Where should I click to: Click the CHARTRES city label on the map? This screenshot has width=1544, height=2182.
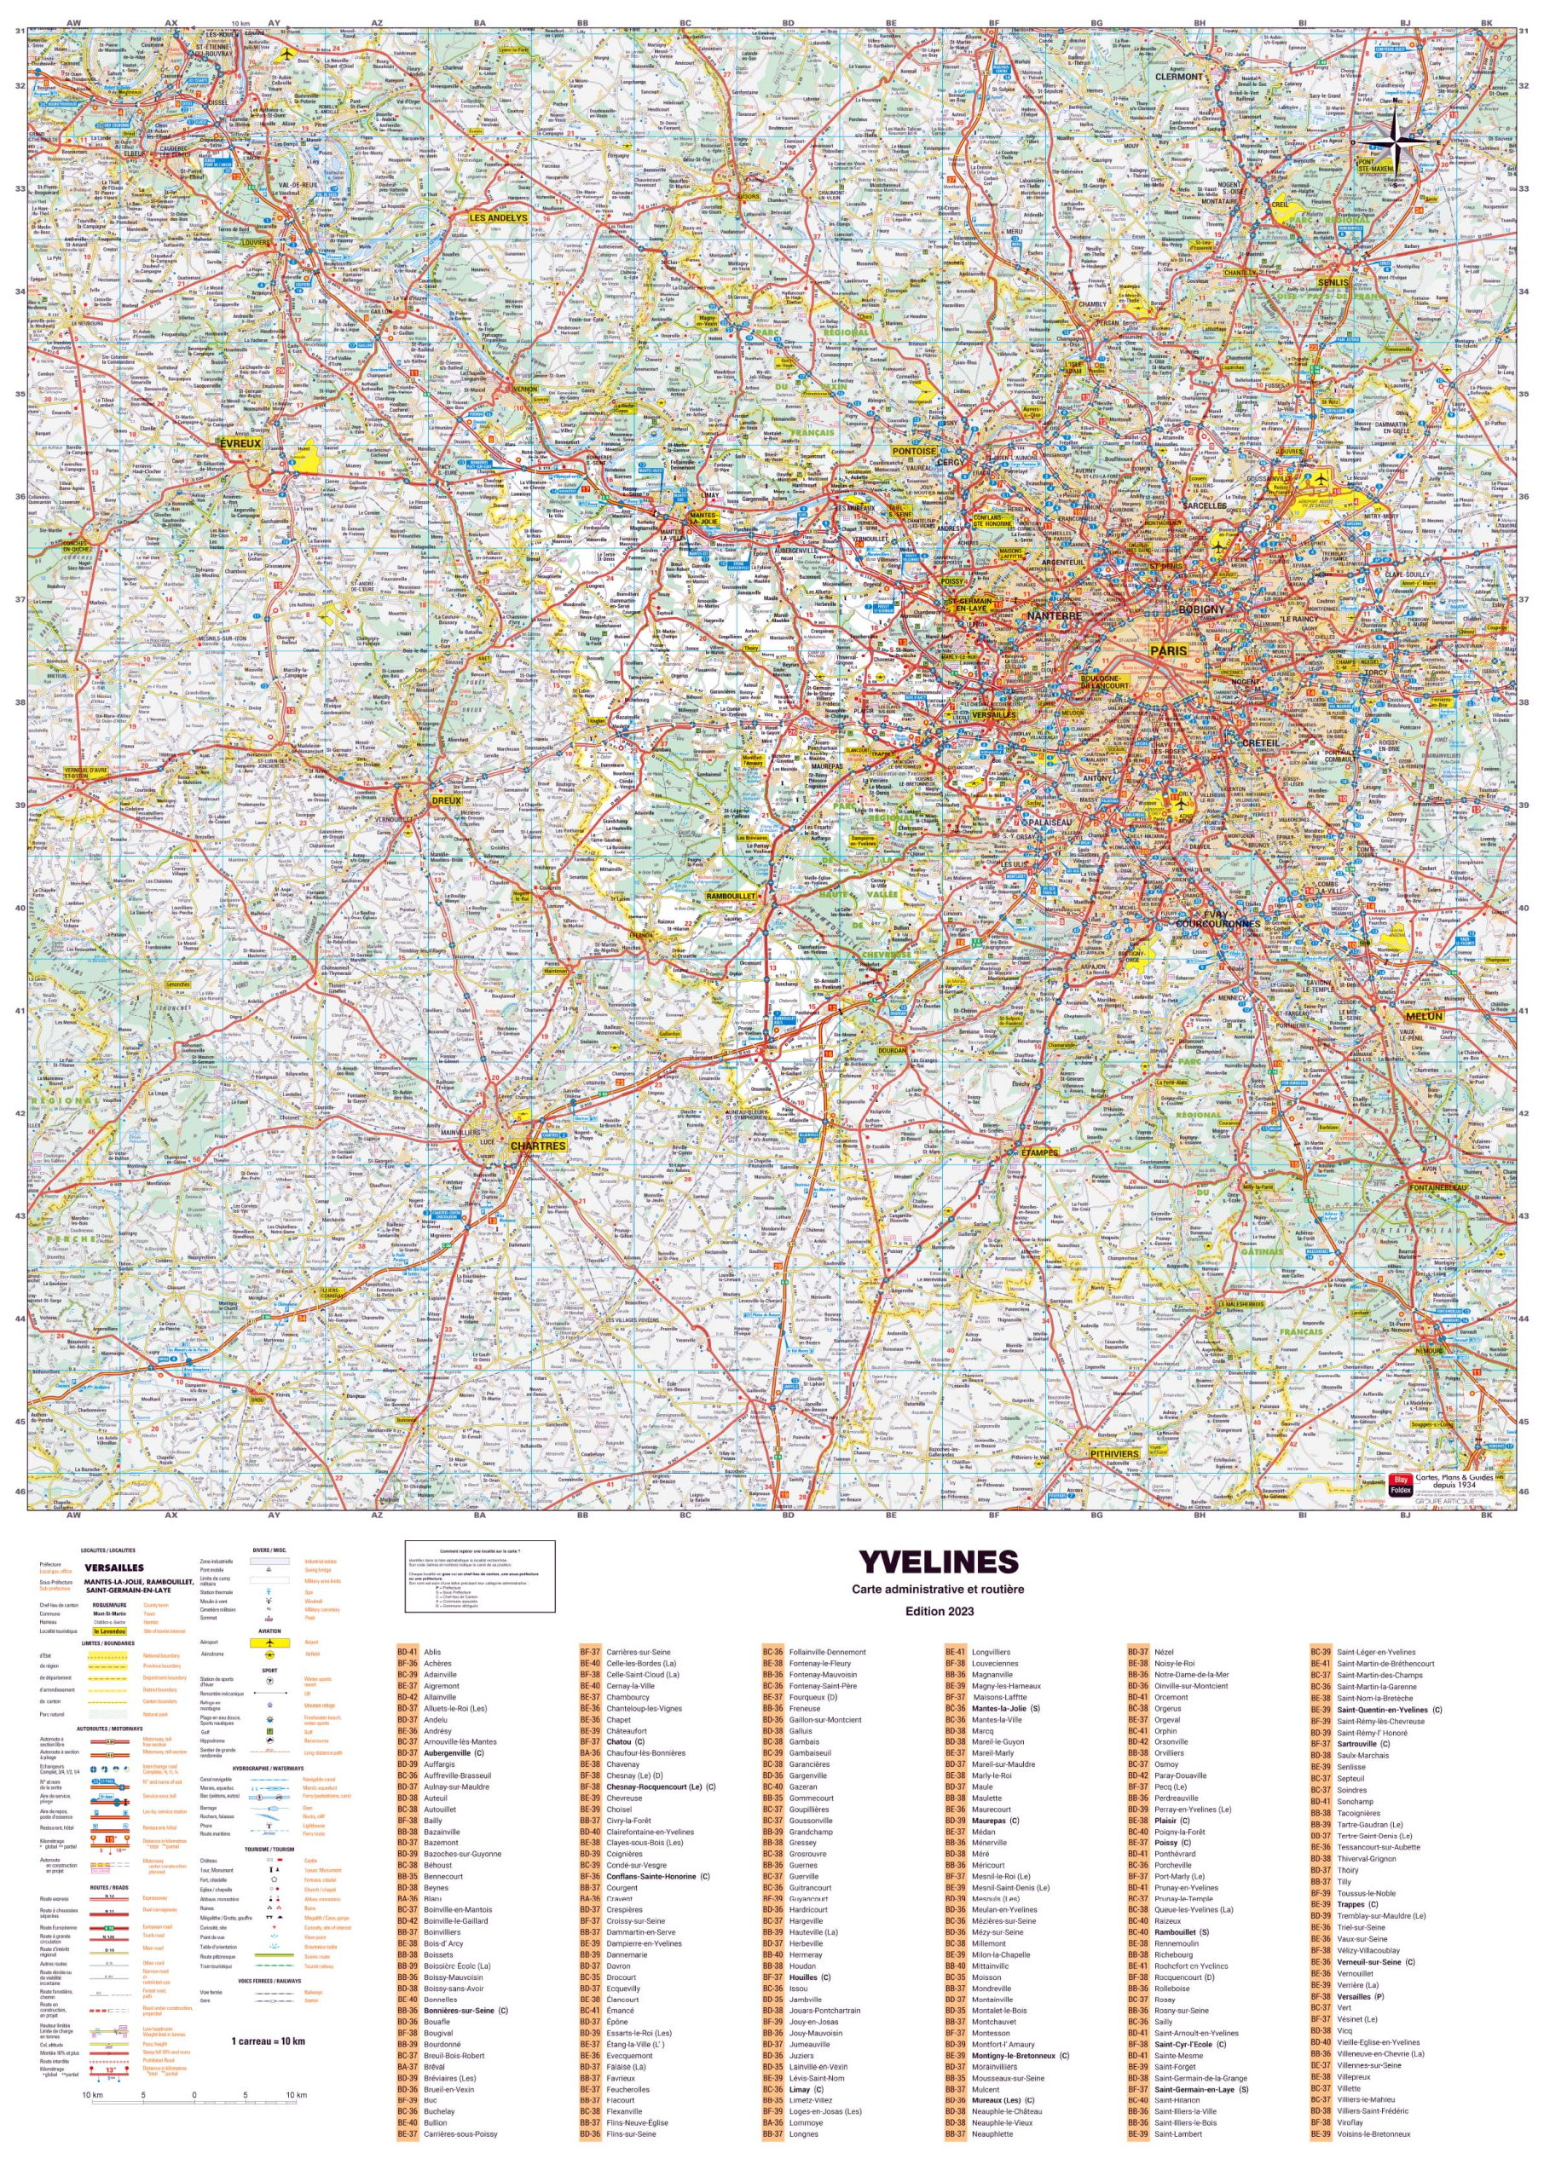[x=537, y=1146]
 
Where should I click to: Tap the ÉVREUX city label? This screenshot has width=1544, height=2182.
[x=240, y=444]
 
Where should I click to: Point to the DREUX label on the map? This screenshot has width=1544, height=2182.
[x=446, y=800]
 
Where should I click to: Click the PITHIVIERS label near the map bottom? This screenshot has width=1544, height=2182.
[x=1114, y=1454]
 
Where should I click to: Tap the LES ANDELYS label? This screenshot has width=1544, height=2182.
[x=498, y=217]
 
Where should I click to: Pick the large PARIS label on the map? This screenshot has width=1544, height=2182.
[x=1169, y=650]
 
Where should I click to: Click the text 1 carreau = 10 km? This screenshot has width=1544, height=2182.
[x=268, y=2041]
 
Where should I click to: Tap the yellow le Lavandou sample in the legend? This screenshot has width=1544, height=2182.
[x=109, y=1631]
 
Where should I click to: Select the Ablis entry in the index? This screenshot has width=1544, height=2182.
[x=431, y=1653]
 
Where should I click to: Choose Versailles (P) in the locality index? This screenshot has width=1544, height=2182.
[x=1360, y=1997]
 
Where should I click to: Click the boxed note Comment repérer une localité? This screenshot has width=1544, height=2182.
[x=479, y=1577]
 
